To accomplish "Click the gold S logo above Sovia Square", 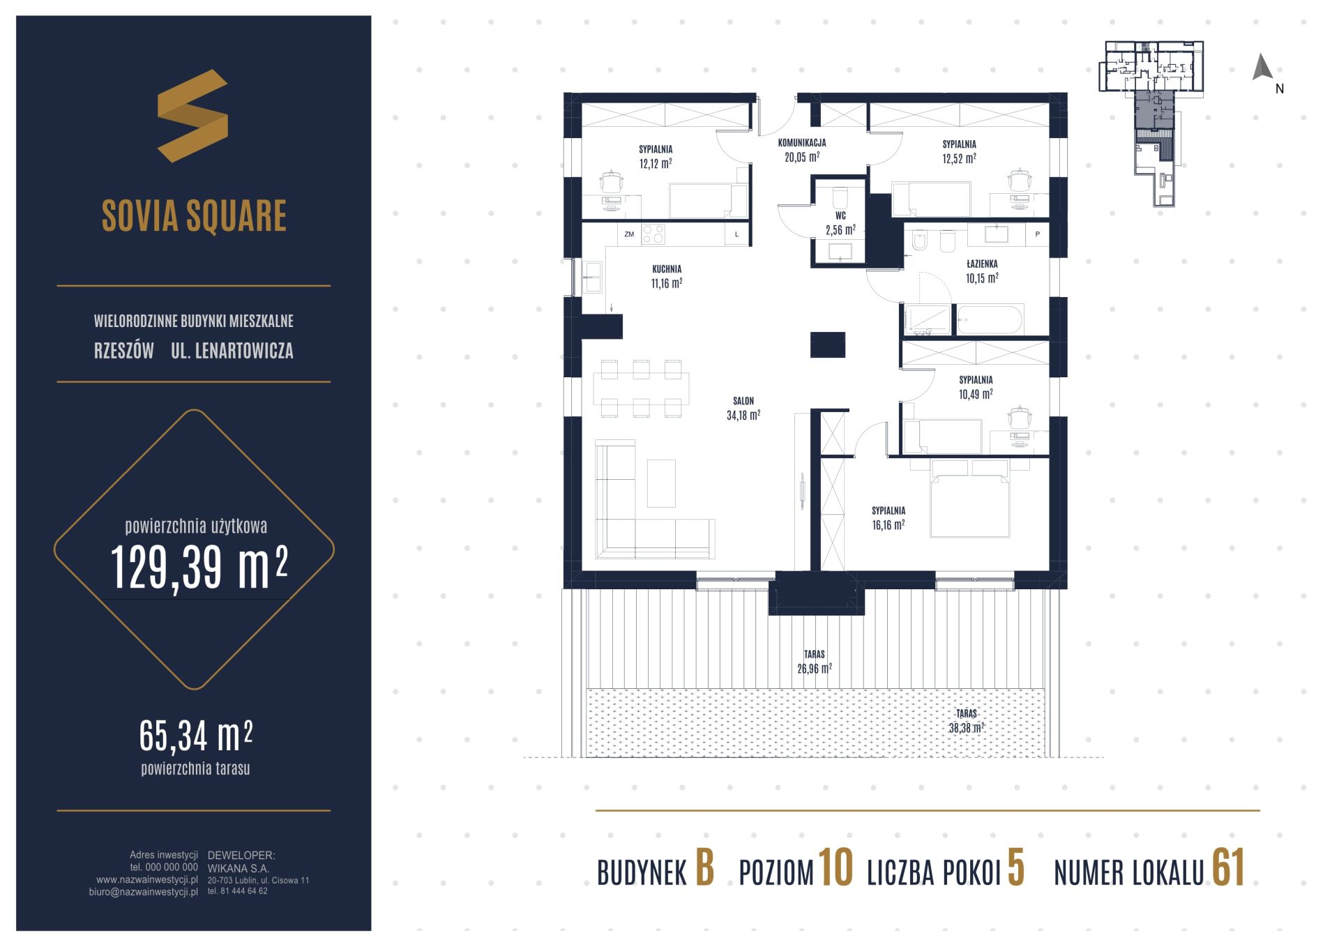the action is [192, 116].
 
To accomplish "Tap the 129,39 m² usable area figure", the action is [199, 566].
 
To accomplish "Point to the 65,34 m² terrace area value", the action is [196, 736].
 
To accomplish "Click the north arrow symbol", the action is [1263, 67].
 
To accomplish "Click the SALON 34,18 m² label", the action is [743, 409].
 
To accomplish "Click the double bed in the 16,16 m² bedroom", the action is [970, 498].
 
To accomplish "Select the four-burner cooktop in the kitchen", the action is [653, 234].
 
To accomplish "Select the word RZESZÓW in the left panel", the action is [124, 351].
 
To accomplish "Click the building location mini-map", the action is [1151, 123].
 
